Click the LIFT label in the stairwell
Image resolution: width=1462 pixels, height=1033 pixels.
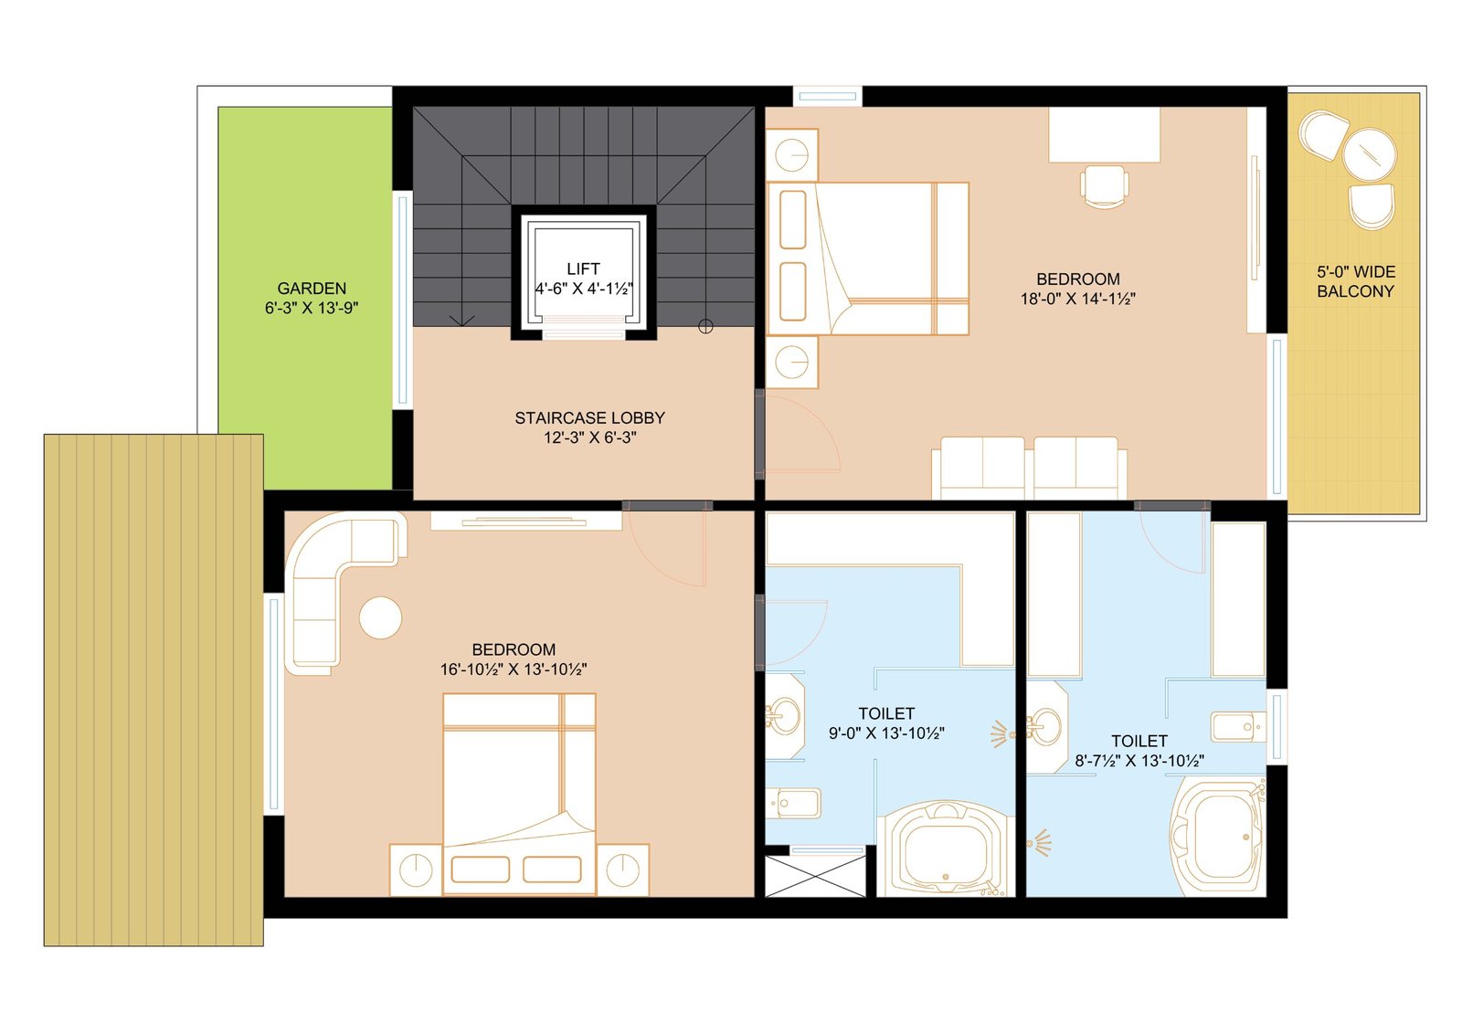[583, 269]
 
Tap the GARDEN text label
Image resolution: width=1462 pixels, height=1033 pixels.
[312, 289]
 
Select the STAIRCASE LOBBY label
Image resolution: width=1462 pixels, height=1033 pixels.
[589, 417]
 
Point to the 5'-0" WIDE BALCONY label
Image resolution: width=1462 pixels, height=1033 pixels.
[1356, 282]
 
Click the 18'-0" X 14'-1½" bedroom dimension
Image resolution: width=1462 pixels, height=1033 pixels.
[1077, 299]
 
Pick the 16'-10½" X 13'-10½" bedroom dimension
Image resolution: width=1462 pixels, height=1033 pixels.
[513, 669]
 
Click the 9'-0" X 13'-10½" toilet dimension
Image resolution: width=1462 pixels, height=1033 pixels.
[886, 733]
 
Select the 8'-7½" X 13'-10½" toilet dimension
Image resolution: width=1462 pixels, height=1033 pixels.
[1139, 760]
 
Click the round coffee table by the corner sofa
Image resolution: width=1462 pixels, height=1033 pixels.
[380, 617]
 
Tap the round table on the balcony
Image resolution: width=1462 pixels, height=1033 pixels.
[1370, 154]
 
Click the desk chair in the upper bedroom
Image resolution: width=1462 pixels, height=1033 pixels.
[1105, 186]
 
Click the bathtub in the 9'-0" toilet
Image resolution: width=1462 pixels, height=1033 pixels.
[945, 849]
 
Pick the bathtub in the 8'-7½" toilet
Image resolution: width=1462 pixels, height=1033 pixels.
[1215, 838]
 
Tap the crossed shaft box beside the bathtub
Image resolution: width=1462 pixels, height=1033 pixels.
[815, 877]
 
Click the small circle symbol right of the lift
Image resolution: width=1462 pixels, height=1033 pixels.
[705, 326]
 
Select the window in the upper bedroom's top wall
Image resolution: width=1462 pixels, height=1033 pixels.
[828, 97]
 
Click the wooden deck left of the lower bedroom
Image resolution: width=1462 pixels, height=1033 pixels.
[154, 690]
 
